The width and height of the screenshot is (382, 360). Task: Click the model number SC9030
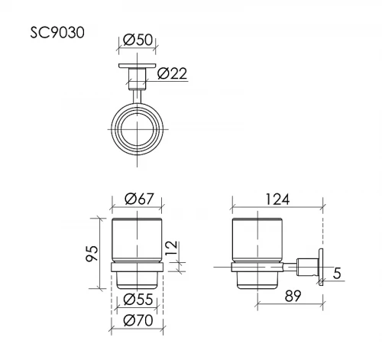tap(57, 33)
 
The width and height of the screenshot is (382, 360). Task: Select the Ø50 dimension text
tap(138, 40)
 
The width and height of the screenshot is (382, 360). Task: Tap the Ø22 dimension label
tap(172, 73)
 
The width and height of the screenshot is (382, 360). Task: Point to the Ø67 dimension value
tap(140, 199)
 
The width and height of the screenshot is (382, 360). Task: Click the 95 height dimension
tap(92, 254)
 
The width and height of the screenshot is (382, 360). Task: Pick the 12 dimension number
tap(171, 248)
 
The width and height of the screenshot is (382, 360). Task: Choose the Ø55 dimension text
tap(138, 299)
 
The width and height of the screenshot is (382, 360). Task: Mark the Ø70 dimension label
tap(138, 320)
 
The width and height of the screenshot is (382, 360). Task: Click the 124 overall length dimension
tap(277, 199)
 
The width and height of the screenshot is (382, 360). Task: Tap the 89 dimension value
tap(293, 296)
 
